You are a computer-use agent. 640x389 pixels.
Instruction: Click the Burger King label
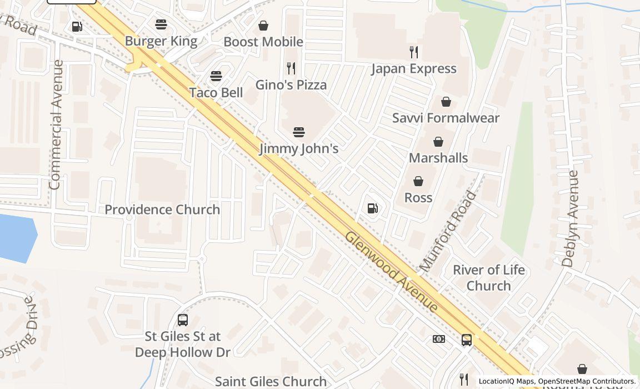(161, 41)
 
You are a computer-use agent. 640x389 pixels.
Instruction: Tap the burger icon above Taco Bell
(216, 76)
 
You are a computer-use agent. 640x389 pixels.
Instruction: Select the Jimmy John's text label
(299, 148)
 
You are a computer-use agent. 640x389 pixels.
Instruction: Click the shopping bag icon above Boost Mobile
(263, 26)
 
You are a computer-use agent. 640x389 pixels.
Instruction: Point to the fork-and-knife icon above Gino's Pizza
(291, 68)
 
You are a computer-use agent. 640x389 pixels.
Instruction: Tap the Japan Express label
(414, 69)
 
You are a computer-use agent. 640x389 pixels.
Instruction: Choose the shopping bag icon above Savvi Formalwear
(446, 102)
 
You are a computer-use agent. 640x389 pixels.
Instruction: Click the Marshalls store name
(438, 158)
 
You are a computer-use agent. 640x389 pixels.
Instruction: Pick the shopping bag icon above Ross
(418, 181)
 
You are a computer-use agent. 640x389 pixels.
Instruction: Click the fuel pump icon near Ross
(373, 208)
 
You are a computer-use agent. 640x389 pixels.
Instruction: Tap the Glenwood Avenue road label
(391, 272)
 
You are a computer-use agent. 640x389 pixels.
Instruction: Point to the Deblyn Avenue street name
(570, 219)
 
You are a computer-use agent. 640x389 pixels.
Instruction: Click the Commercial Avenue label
(56, 124)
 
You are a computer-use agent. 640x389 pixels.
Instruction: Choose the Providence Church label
(162, 210)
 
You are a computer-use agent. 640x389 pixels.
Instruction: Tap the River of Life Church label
(489, 278)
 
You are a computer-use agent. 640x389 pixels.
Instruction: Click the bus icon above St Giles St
(183, 320)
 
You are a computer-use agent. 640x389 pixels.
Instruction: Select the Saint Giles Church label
(271, 381)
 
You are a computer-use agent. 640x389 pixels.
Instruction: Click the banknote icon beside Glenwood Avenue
(439, 339)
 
